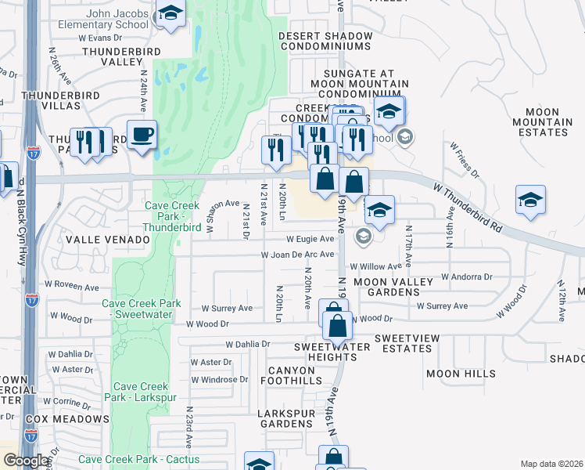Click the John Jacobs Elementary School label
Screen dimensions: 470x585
tap(102, 19)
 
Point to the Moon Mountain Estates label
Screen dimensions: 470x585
tap(542, 122)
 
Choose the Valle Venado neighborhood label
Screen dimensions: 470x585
tap(107, 239)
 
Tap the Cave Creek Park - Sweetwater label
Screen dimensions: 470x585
tap(142, 309)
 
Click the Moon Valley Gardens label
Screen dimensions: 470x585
tap(387, 287)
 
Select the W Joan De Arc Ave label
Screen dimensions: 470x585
tap(297, 255)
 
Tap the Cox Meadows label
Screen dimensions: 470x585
tap(67, 419)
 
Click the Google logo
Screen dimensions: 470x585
tap(25, 461)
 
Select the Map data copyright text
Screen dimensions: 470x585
tap(551, 464)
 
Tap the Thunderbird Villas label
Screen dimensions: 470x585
tap(51, 99)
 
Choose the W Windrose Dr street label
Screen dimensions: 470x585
tap(219, 380)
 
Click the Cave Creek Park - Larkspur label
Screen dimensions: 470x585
tap(142, 392)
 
